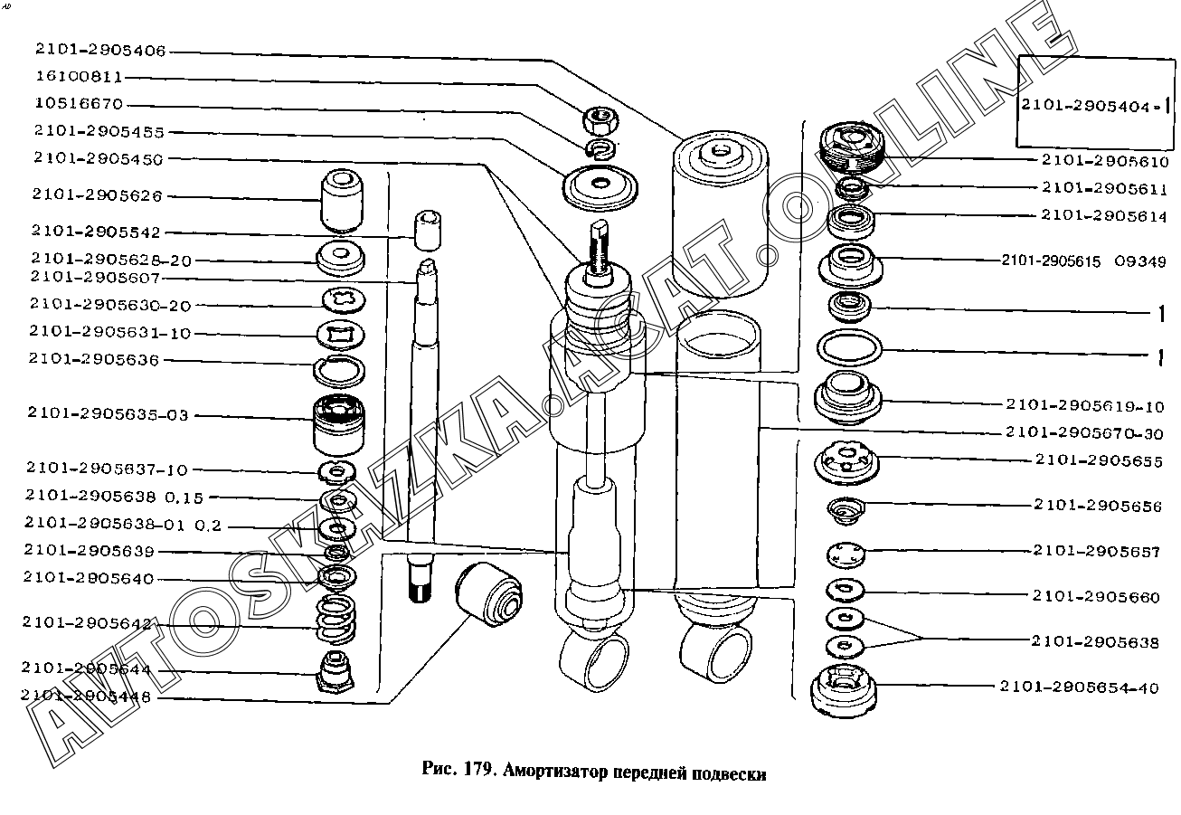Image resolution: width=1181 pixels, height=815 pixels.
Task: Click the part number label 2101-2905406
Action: (x=99, y=51)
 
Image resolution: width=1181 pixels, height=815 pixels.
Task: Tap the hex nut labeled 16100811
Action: (x=596, y=118)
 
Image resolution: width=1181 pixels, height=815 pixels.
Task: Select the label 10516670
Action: (x=79, y=104)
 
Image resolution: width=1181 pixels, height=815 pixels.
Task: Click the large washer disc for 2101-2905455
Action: (x=600, y=187)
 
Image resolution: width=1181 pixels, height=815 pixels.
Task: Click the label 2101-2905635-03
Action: (x=108, y=415)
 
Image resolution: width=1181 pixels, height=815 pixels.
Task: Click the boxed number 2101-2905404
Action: (x=1090, y=105)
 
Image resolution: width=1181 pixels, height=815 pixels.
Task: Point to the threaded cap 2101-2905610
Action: (x=849, y=148)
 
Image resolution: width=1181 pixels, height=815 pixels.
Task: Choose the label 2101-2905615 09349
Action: (x=1083, y=261)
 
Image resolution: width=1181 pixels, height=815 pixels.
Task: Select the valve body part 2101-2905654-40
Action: (x=844, y=690)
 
